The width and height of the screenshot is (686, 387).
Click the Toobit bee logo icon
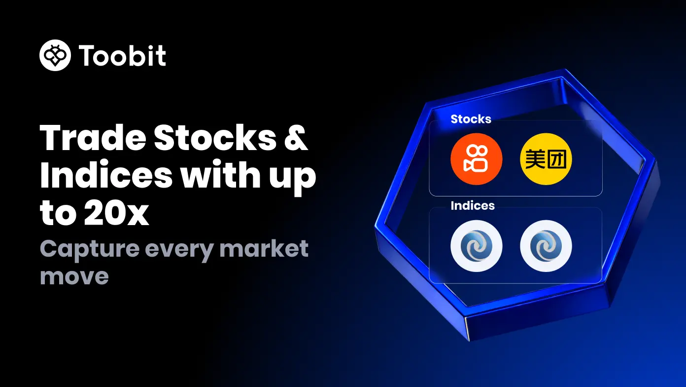pos(55,55)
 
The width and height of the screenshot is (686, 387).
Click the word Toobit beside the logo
pos(122,55)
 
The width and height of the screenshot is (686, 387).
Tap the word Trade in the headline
pos(93,138)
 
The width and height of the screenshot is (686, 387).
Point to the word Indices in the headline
pos(106,174)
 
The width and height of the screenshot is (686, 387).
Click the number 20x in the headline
pos(116,213)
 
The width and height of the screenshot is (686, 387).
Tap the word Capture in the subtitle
pos(89,250)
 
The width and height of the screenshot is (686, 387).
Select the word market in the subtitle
pos(264,248)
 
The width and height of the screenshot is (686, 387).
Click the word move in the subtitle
pos(74,276)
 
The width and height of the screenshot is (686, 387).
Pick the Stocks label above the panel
pos(471,119)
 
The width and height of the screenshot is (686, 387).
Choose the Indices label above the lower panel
pos(473,205)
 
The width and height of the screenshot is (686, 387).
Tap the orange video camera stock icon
pos(476,159)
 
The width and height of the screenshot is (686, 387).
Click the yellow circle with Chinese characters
pos(546,159)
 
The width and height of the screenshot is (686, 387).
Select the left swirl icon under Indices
pos(476,246)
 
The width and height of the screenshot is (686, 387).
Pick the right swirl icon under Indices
pos(546,246)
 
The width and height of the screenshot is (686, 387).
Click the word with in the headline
pos(220,174)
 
